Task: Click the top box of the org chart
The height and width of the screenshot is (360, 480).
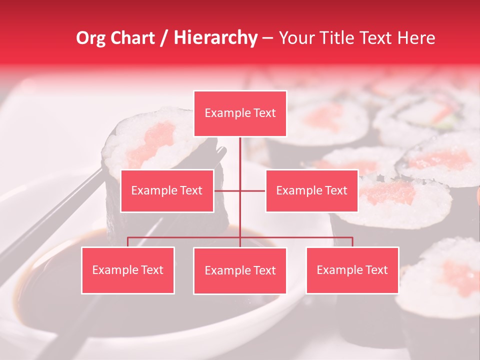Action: click(x=240, y=113)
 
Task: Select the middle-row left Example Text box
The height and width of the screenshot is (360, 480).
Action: click(x=167, y=190)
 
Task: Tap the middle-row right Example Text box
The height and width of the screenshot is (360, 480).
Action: click(x=311, y=190)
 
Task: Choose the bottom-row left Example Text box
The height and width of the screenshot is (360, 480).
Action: click(x=128, y=270)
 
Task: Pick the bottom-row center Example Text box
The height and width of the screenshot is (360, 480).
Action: click(x=240, y=270)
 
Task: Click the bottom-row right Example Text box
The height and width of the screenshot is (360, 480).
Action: click(x=352, y=270)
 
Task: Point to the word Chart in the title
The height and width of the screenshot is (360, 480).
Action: click(x=134, y=38)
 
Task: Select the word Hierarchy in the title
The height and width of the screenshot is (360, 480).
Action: click(x=215, y=38)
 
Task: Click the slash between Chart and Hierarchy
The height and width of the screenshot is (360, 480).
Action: click(x=164, y=38)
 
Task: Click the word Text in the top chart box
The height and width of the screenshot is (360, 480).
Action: click(x=264, y=113)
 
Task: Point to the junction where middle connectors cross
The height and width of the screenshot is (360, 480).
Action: click(x=240, y=190)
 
